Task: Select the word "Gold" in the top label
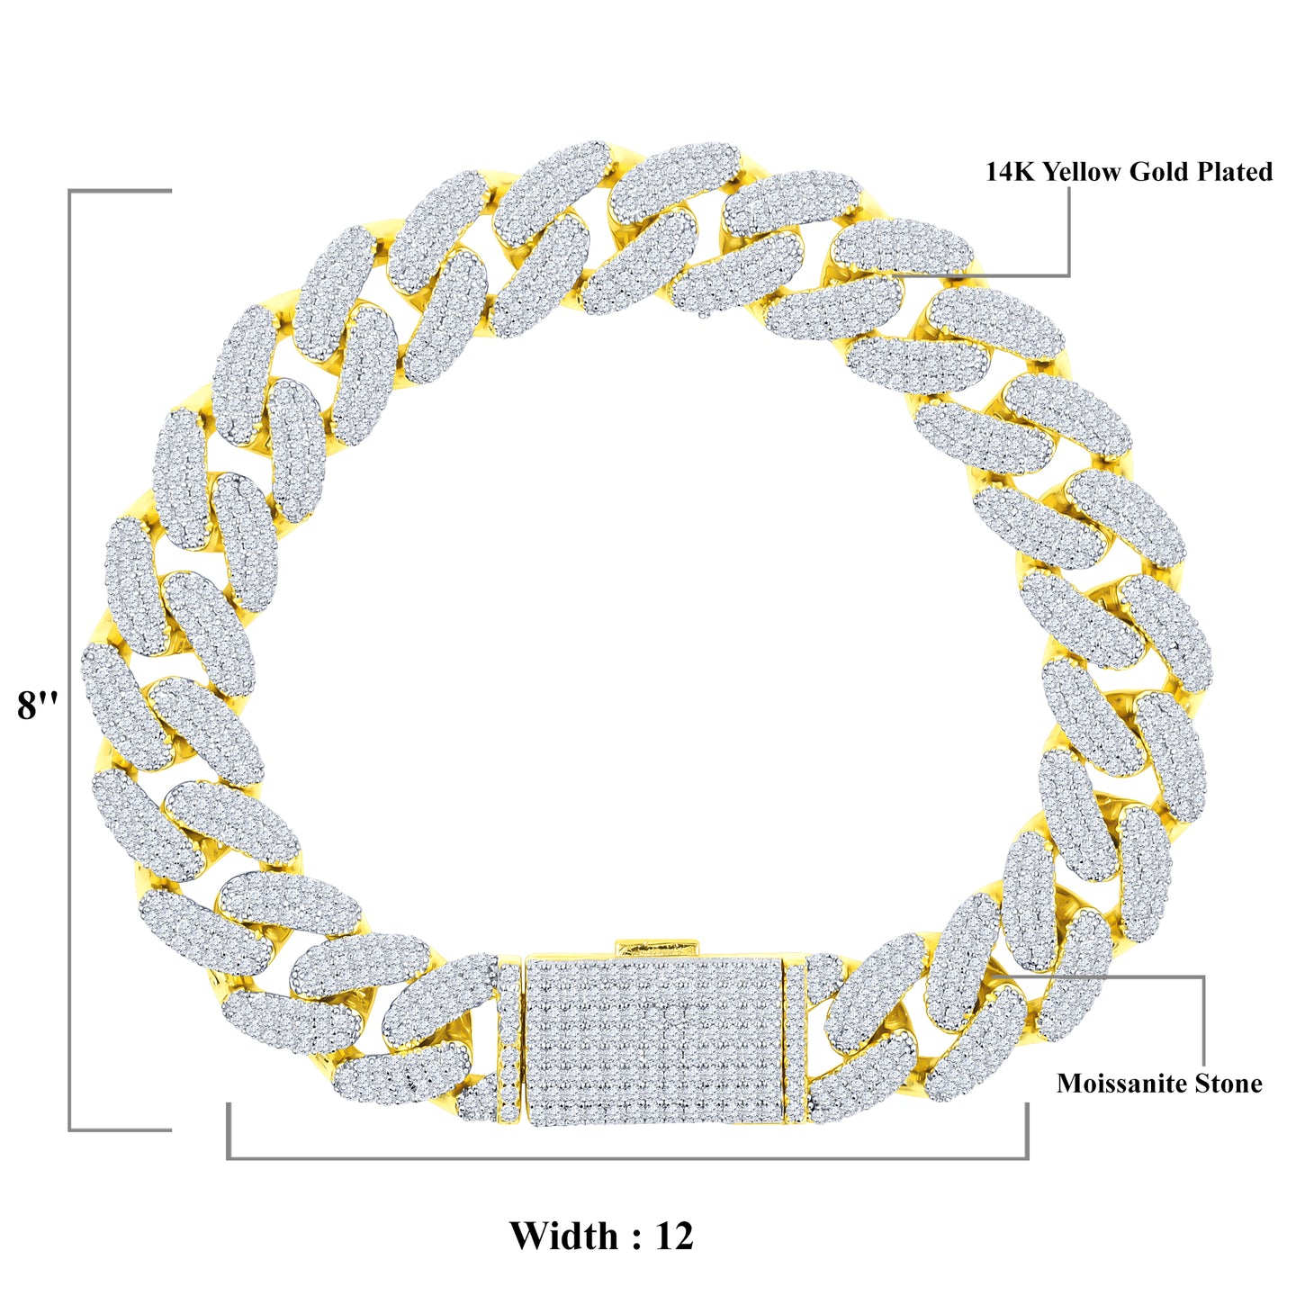[1160, 172]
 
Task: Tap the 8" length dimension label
[37, 705]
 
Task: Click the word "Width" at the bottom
[563, 1236]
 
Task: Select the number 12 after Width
[674, 1236]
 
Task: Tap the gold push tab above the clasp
[657, 947]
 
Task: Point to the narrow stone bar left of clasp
[508, 1039]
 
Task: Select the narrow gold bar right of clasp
[796, 1039]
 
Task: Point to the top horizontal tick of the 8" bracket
[121, 191]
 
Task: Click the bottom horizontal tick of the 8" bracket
[121, 1129]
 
